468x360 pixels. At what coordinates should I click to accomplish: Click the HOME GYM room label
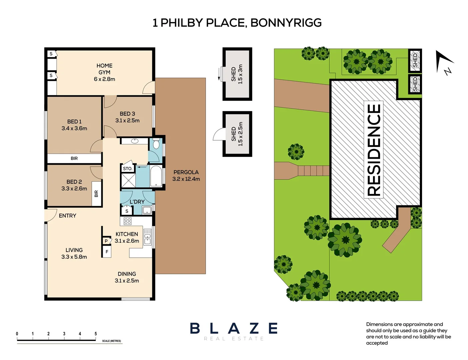point(104,69)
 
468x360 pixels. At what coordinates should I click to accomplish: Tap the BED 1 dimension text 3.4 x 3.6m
point(74,128)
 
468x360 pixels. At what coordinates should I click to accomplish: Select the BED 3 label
point(127,114)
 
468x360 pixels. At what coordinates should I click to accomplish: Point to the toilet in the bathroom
point(156,144)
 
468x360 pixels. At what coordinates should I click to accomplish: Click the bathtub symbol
point(156,176)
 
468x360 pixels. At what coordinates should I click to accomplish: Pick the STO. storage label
point(127,169)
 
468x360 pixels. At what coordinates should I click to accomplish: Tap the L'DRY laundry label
point(137,202)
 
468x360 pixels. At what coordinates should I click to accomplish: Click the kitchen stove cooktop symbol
point(128,221)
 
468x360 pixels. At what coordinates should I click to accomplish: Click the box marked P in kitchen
point(106,241)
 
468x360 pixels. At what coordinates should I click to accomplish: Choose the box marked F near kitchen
point(107,252)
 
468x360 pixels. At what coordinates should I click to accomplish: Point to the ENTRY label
point(67,216)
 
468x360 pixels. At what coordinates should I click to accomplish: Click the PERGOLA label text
point(186,172)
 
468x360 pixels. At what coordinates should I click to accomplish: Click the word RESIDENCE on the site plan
point(374,150)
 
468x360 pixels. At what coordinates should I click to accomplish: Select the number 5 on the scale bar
point(96,334)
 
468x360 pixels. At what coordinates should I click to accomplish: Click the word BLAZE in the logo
point(234,328)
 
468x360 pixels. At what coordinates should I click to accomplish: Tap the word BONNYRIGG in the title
point(286,23)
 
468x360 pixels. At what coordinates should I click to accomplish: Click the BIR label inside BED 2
point(96,194)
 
